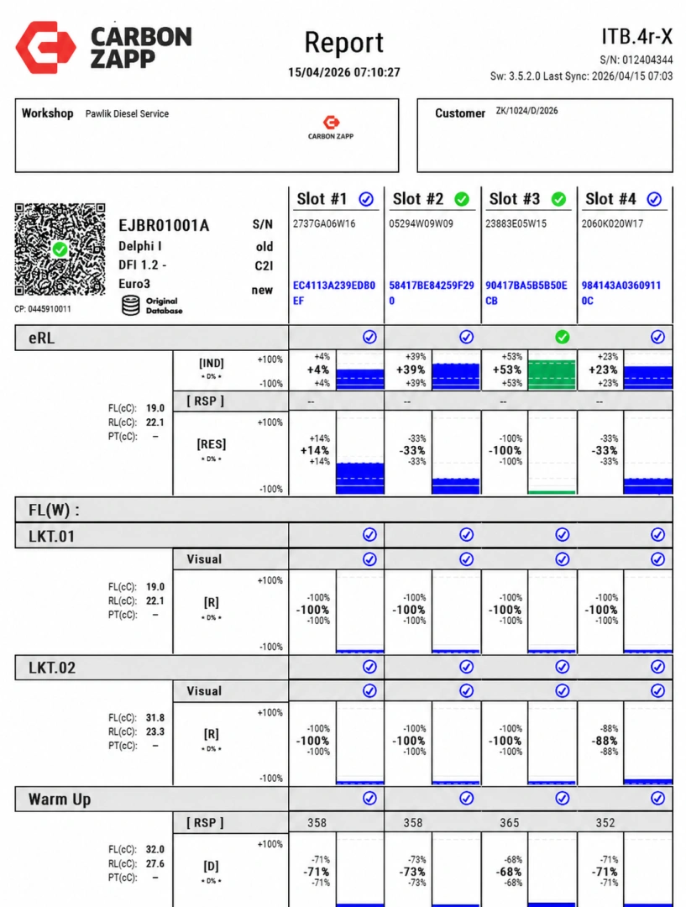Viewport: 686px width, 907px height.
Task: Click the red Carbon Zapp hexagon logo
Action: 45,47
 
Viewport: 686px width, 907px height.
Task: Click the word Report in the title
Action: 343,43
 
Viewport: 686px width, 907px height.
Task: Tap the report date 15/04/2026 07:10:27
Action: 344,72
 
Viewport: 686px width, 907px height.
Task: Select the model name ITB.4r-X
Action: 636,36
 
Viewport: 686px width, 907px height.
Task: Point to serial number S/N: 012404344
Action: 636,60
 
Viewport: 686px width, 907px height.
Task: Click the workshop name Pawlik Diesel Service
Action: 128,114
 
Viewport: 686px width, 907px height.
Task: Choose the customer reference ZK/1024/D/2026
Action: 527,111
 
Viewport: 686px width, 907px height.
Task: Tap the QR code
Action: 60,249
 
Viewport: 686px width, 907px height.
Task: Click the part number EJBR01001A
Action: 164,225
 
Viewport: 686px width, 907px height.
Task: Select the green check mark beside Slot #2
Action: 462,199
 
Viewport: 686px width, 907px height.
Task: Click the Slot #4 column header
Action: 624,199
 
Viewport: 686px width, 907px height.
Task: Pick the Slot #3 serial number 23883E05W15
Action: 516,224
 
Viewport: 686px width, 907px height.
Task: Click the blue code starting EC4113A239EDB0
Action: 333,293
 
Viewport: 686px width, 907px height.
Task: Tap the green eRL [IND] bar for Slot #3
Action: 552,375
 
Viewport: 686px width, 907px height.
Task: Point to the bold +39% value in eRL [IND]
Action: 411,370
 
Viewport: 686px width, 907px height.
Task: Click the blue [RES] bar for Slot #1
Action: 359,478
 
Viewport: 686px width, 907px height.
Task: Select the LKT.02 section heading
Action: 52,668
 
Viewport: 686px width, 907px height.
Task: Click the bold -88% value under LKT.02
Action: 604,741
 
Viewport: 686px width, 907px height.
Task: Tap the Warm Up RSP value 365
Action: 509,822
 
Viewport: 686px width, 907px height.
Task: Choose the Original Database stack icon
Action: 131,306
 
